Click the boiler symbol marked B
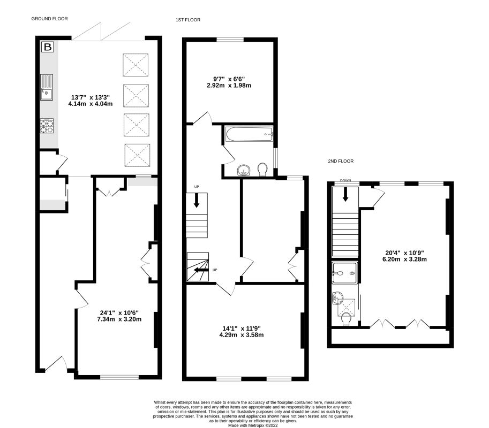coord(48,48)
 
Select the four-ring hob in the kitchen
coord(47,126)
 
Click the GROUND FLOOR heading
coord(49,18)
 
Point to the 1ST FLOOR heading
coord(187,20)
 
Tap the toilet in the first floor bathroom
coord(262,170)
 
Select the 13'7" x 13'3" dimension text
coord(91,100)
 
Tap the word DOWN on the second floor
coord(345,181)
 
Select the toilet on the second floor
coord(345,319)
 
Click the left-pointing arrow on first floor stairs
coord(199,270)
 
